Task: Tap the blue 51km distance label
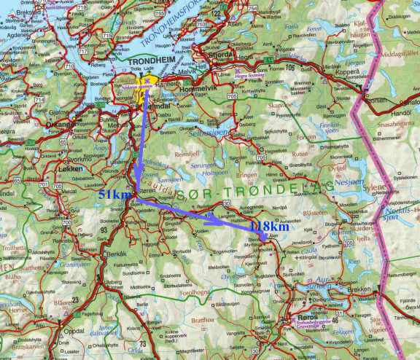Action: coord(115,195)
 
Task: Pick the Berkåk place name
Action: coord(117,254)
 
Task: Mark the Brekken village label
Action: coord(358,290)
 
